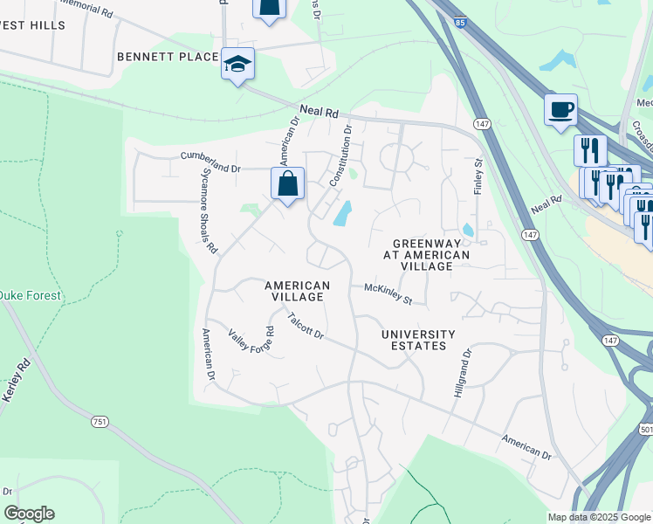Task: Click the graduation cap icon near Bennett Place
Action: tap(237, 64)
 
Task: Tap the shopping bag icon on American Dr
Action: tap(288, 185)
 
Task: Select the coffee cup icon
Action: tap(560, 110)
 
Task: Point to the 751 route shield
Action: tap(100, 422)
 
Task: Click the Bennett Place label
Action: tap(168, 57)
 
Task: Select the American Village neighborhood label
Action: tap(298, 291)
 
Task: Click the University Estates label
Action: tap(418, 340)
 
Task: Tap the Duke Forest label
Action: tap(31, 296)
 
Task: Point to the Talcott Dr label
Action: tap(306, 328)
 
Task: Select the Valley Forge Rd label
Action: tap(251, 341)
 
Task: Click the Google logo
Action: tap(29, 514)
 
